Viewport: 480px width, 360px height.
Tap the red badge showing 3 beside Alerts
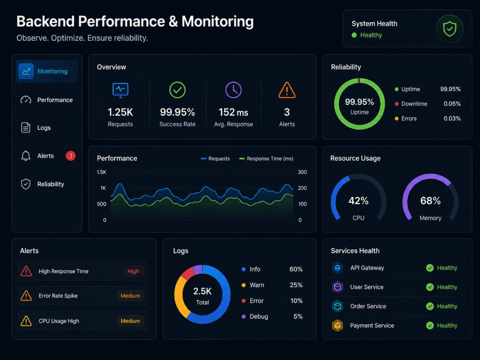point(71,156)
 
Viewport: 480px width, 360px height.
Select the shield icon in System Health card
point(449,29)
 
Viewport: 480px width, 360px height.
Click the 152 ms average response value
point(233,112)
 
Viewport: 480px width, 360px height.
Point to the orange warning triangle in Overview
point(287,90)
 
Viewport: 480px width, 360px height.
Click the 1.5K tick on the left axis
point(101,172)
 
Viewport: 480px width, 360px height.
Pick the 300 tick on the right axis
point(302,172)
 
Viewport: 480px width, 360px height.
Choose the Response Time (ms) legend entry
point(266,158)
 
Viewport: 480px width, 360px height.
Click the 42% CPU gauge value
point(359,201)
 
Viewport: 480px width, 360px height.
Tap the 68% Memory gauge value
point(431,201)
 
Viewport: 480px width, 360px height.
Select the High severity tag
point(133,271)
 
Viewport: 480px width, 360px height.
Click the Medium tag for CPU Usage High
point(130,321)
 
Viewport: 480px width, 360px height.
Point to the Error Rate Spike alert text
point(58,296)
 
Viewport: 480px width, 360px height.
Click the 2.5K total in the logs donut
point(203,291)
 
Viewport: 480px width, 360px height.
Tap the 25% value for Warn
point(296,285)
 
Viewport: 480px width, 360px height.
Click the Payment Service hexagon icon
point(337,325)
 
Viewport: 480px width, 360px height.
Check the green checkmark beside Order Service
point(430,306)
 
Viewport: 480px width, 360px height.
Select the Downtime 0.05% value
point(452,104)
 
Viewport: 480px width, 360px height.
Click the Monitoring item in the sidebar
point(47,72)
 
